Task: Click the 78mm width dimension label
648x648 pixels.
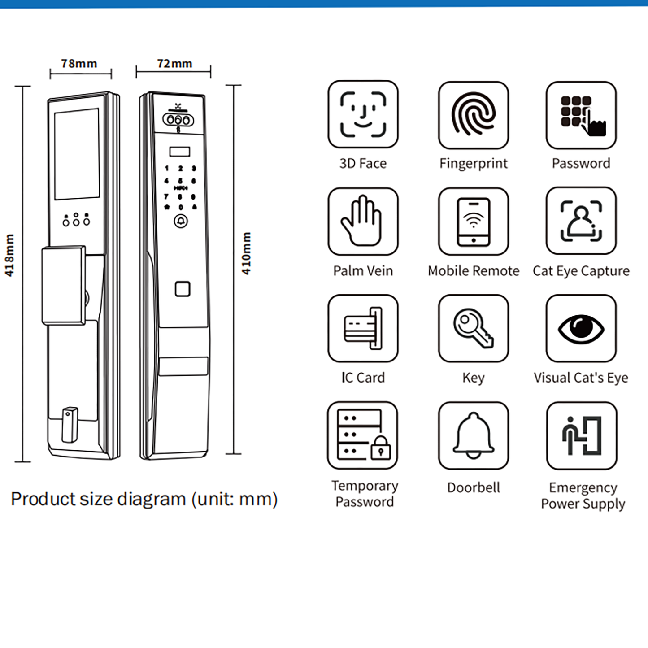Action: (x=79, y=64)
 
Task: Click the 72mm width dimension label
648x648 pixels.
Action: (x=174, y=64)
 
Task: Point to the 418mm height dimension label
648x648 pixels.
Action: (x=9, y=255)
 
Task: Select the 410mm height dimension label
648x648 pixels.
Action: (x=246, y=253)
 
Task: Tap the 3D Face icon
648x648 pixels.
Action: (x=363, y=115)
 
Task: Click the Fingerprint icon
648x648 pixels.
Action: (x=473, y=115)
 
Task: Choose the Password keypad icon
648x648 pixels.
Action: (x=581, y=115)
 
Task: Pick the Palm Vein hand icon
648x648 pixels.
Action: (x=363, y=221)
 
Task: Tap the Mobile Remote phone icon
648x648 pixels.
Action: (x=473, y=221)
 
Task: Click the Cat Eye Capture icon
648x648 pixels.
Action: (x=581, y=221)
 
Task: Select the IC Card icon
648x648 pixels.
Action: (x=363, y=328)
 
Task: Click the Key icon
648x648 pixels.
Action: (x=473, y=328)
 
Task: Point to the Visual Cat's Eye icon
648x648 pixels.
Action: (x=581, y=328)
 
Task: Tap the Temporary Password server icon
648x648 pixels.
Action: (x=363, y=435)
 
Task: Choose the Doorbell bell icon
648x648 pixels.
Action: (x=473, y=435)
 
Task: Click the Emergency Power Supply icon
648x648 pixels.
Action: (x=582, y=435)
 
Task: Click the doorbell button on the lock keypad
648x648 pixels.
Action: (x=181, y=221)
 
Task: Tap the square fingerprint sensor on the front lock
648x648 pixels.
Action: (x=183, y=289)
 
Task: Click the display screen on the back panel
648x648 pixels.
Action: (x=77, y=154)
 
